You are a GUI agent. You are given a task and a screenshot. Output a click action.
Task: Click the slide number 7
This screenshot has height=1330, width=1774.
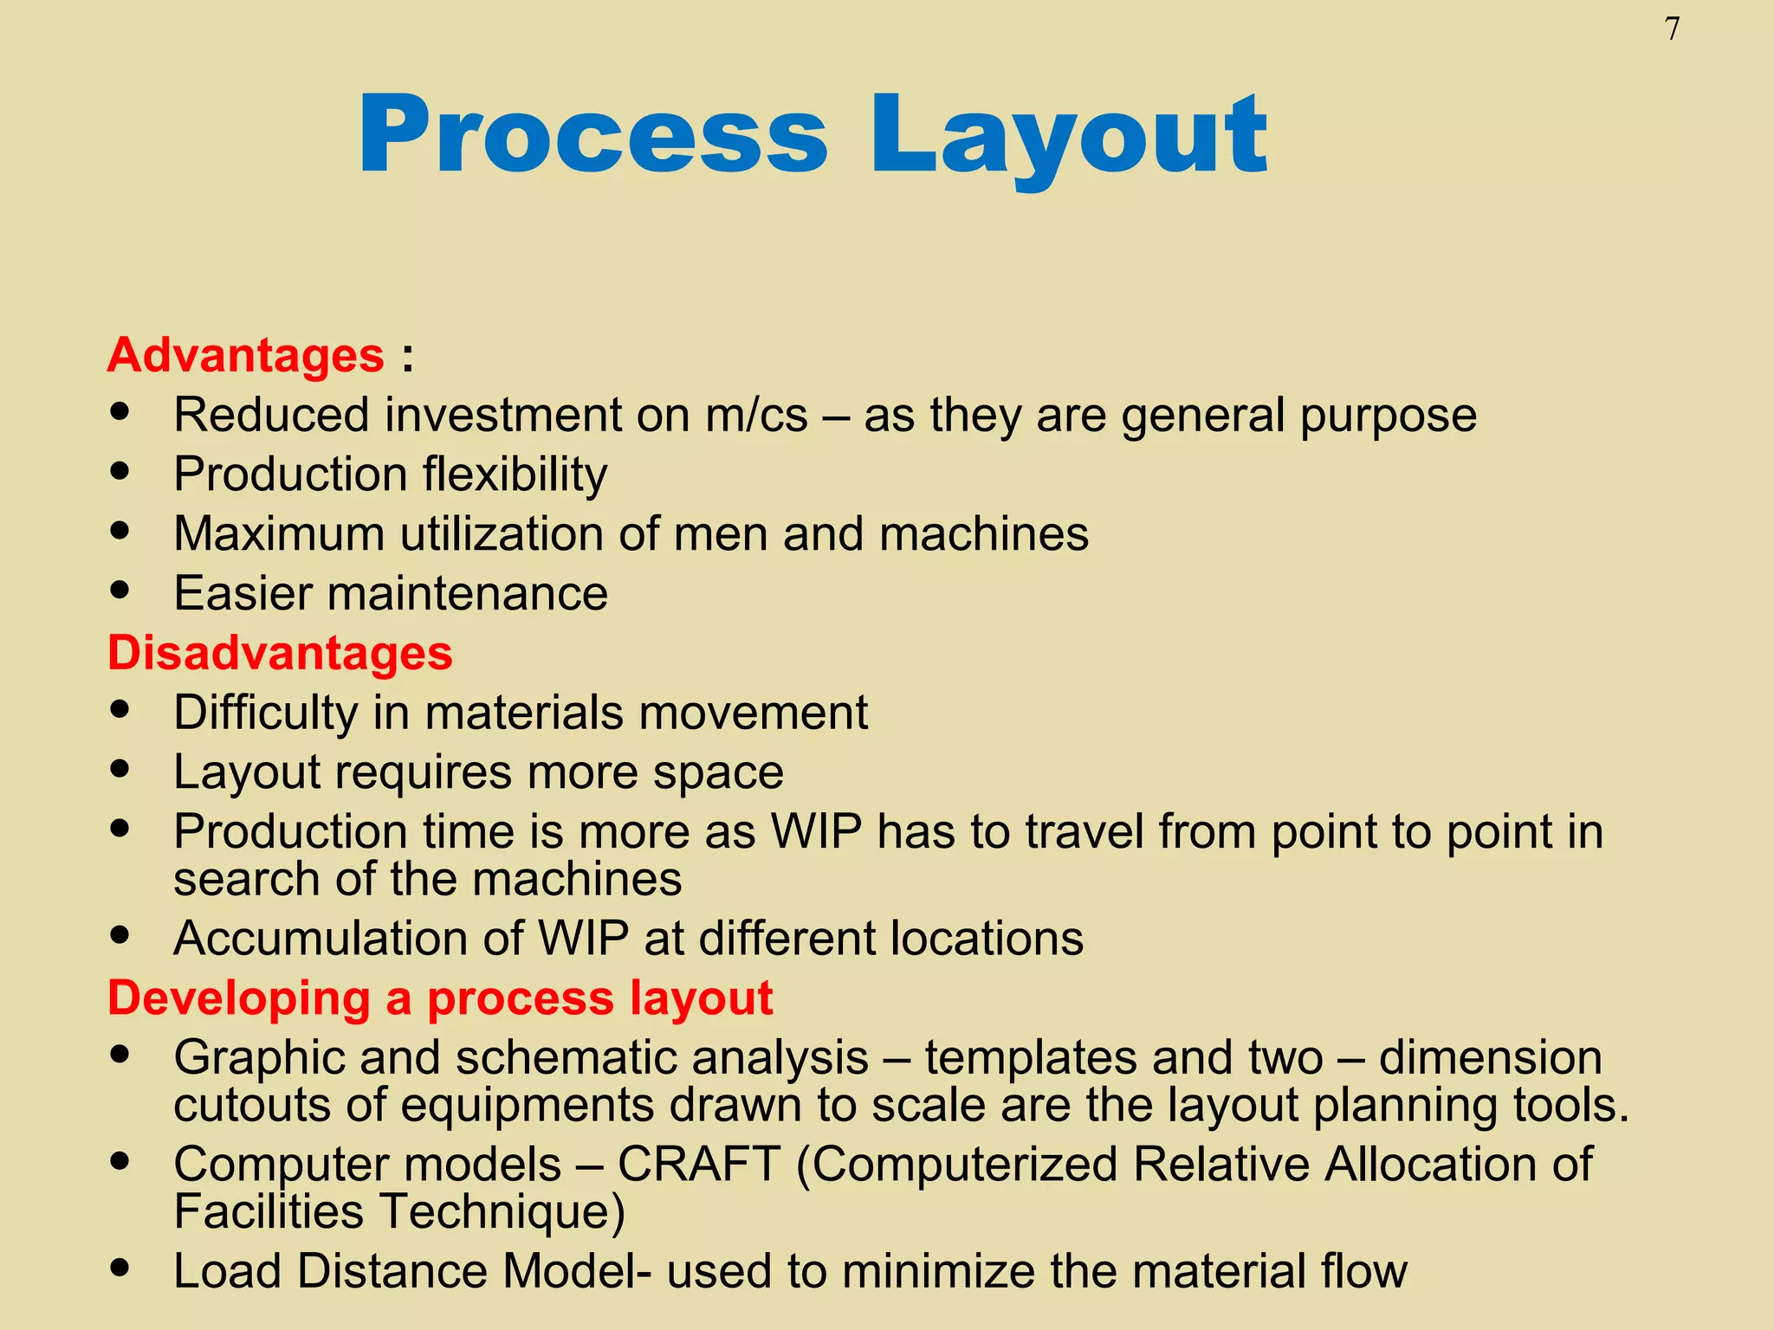point(1672,29)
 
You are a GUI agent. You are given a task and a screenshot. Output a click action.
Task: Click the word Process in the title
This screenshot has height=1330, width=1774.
point(593,136)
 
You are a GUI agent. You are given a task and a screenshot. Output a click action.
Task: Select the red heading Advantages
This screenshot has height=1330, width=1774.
point(246,356)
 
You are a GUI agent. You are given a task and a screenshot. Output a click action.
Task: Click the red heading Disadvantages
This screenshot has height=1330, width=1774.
point(280,653)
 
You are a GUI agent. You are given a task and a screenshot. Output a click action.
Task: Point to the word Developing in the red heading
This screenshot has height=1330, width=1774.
point(239,998)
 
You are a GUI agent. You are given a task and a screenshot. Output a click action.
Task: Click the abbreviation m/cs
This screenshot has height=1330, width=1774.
point(756,416)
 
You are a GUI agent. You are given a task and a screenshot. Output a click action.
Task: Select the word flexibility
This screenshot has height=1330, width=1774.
point(515,475)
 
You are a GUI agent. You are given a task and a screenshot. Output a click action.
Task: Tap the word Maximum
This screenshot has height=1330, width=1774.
point(279,534)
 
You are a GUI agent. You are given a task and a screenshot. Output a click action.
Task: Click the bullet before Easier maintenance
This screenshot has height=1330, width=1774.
point(120,590)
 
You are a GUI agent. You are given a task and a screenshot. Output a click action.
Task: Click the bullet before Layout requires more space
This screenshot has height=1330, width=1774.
point(120,768)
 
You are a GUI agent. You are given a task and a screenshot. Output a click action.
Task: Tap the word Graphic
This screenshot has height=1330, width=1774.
point(259,1058)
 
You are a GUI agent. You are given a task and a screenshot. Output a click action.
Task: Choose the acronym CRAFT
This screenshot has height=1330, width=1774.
point(698,1165)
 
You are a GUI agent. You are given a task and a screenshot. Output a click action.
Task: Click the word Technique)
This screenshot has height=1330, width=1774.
point(502,1211)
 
